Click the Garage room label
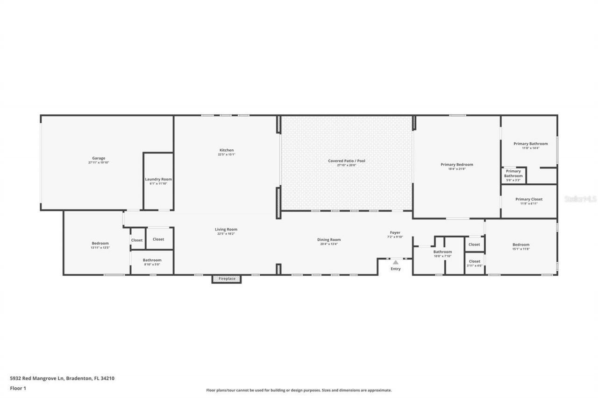(x=99, y=158)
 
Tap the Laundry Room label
(x=158, y=179)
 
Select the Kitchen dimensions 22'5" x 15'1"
(x=226, y=154)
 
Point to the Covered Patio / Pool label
(x=346, y=161)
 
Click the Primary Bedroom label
(x=456, y=164)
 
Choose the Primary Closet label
(x=529, y=199)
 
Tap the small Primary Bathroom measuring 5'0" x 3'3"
(x=513, y=175)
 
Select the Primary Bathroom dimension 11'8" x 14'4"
(x=530, y=148)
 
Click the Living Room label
(x=226, y=229)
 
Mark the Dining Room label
(x=329, y=240)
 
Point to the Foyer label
(x=395, y=232)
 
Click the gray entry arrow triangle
(x=395, y=262)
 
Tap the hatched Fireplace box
(x=227, y=279)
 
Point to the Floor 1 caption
(x=18, y=388)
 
